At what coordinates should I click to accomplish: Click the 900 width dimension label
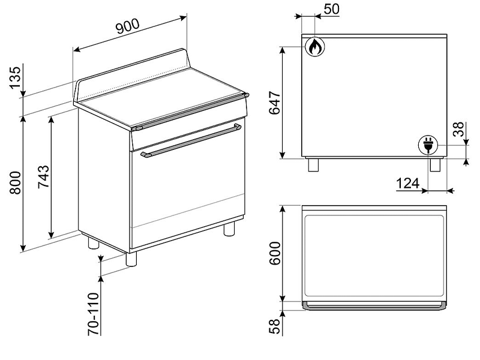pos(128,26)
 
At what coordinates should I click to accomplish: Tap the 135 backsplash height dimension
pos(16,78)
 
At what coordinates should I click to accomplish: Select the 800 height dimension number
pos(16,183)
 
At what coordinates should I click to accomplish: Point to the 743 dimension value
pos(43,176)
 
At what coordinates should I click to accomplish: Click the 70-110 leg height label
pos(94,314)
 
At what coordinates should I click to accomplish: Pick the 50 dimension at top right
pos(332,9)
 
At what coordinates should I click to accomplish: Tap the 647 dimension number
pos(275,103)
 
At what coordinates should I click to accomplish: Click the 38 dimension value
pos(458,129)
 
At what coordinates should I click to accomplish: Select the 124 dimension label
pos(408,184)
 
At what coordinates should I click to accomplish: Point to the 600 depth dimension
pos(275,253)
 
